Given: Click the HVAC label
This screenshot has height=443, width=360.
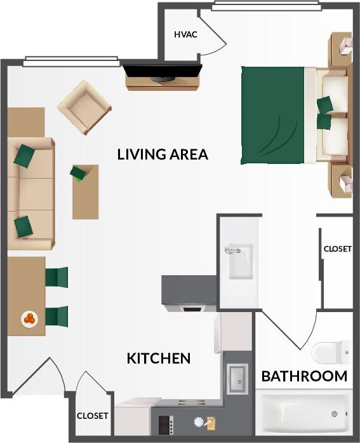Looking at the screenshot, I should click(x=185, y=34).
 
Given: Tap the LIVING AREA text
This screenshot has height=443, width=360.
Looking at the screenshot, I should click(x=163, y=154).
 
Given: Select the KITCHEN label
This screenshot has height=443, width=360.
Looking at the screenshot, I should click(x=159, y=358).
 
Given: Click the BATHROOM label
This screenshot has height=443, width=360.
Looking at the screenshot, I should click(x=304, y=376).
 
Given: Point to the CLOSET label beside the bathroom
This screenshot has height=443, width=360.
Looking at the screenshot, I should click(x=337, y=249).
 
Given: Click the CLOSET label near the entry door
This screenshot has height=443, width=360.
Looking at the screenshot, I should click(x=93, y=416).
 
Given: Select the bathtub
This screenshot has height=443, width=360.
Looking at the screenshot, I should click(x=305, y=413).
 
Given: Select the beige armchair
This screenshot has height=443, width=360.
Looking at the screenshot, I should click(x=84, y=107).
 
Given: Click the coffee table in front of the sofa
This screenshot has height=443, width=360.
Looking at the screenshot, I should click(x=86, y=191).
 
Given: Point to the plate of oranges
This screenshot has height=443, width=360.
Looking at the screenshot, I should click(x=29, y=318).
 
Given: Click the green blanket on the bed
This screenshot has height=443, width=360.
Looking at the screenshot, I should click(x=273, y=115).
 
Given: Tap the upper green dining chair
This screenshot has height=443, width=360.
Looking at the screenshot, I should click(x=57, y=278).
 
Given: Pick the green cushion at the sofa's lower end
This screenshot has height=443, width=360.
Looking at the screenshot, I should click(x=24, y=226).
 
